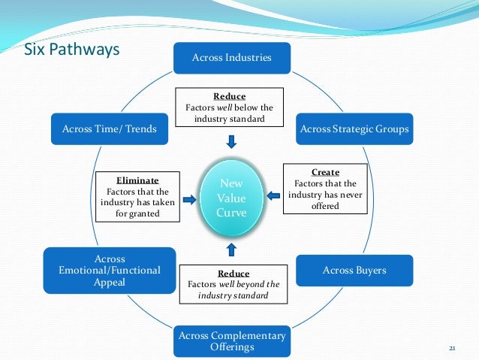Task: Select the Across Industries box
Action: click(x=231, y=57)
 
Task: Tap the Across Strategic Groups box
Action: click(x=354, y=129)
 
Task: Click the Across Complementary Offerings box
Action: click(x=231, y=341)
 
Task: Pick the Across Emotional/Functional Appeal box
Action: click(x=110, y=270)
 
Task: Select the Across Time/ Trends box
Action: click(x=104, y=129)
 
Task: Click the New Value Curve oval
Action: click(x=231, y=198)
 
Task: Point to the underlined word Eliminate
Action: click(x=137, y=181)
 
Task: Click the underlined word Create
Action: click(x=324, y=172)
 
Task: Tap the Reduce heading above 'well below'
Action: click(x=229, y=96)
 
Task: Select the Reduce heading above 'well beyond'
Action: click(x=233, y=274)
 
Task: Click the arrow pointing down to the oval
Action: click(x=231, y=141)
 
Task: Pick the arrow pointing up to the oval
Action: click(x=231, y=250)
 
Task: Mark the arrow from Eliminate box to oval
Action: click(x=189, y=199)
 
